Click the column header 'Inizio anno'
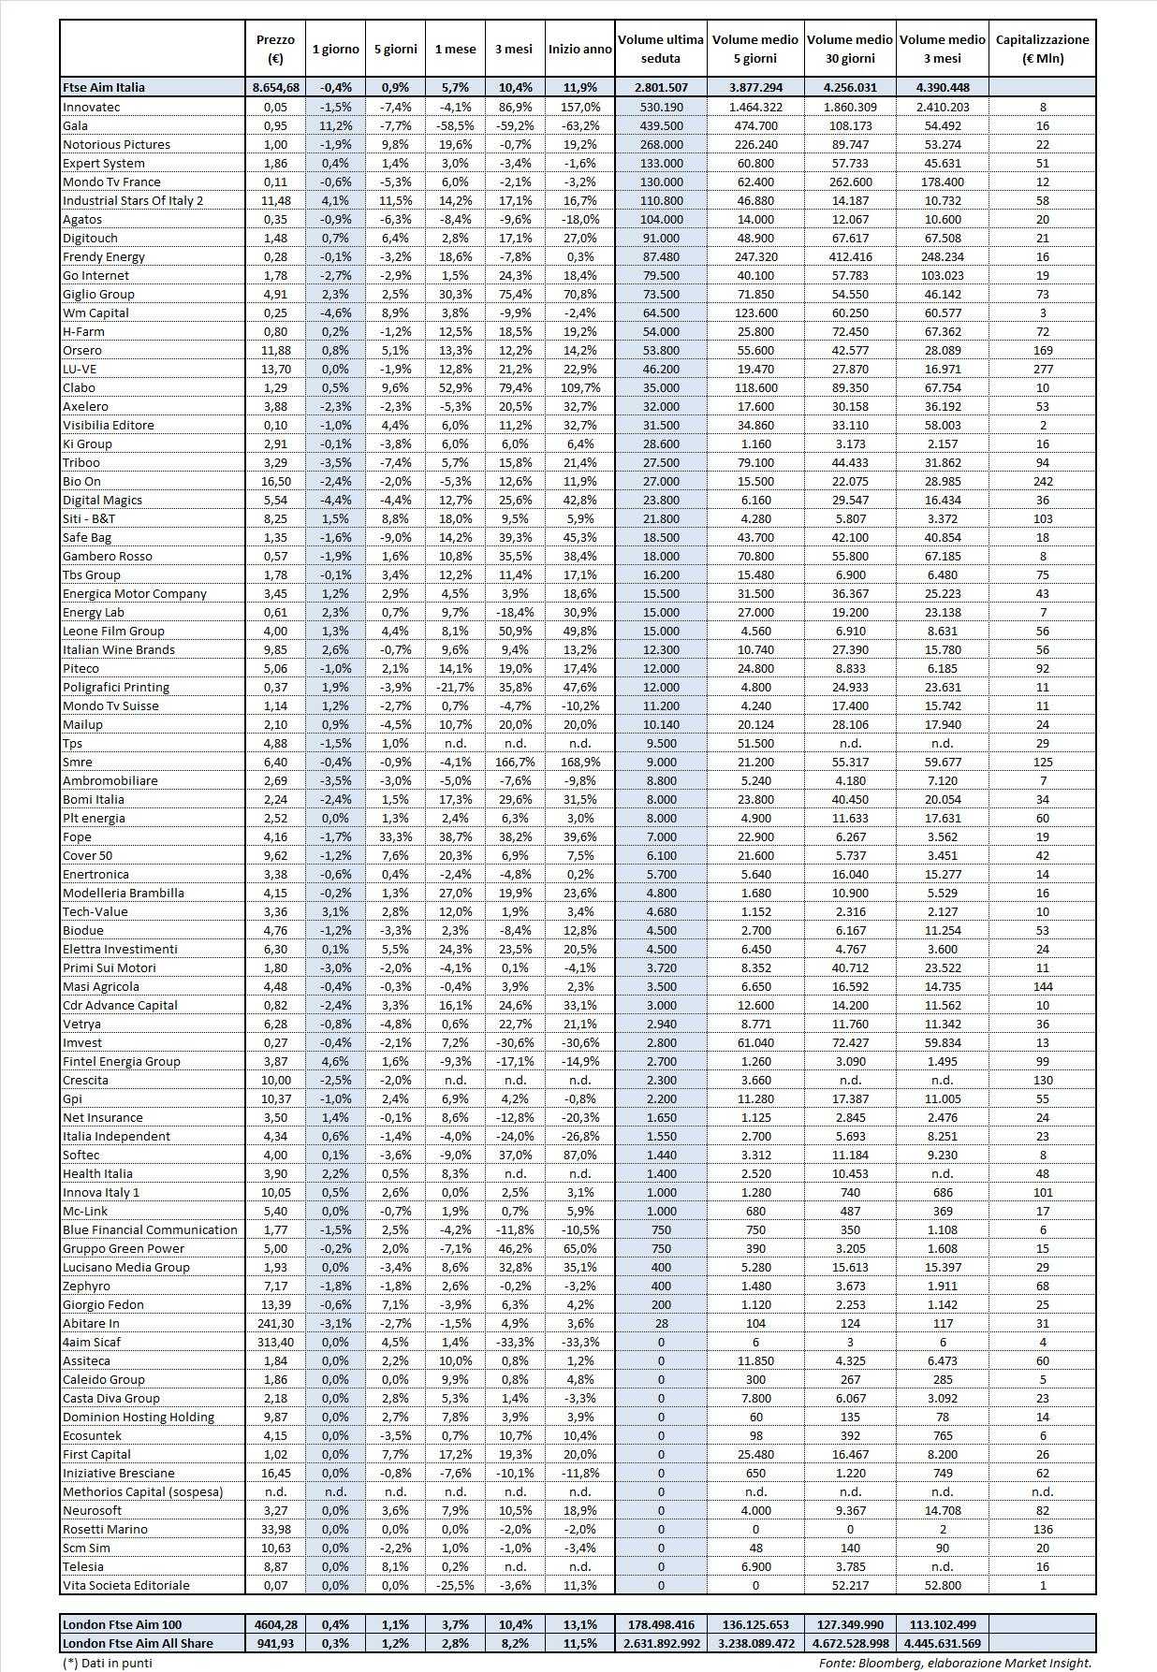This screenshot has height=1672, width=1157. coord(579,49)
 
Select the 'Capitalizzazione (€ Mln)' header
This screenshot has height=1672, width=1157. coord(1042,49)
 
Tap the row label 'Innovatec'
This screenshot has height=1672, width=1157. coord(92,107)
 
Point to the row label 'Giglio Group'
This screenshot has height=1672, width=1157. coord(98,294)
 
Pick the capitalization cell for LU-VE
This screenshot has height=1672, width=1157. coord(1042,369)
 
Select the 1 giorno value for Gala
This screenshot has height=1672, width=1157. coord(335,125)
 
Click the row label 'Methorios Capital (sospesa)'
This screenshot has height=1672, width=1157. coord(142,1491)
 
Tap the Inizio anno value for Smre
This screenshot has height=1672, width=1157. coord(579,762)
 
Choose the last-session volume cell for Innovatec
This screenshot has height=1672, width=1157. coord(661,107)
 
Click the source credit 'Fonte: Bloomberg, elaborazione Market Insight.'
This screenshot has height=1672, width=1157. coord(955,1663)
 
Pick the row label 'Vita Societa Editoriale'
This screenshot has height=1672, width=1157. coord(126,1585)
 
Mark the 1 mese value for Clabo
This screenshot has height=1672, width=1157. coord(455,387)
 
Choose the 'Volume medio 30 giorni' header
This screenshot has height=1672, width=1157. coord(849,49)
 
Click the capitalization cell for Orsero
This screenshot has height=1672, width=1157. coord(1042,350)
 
